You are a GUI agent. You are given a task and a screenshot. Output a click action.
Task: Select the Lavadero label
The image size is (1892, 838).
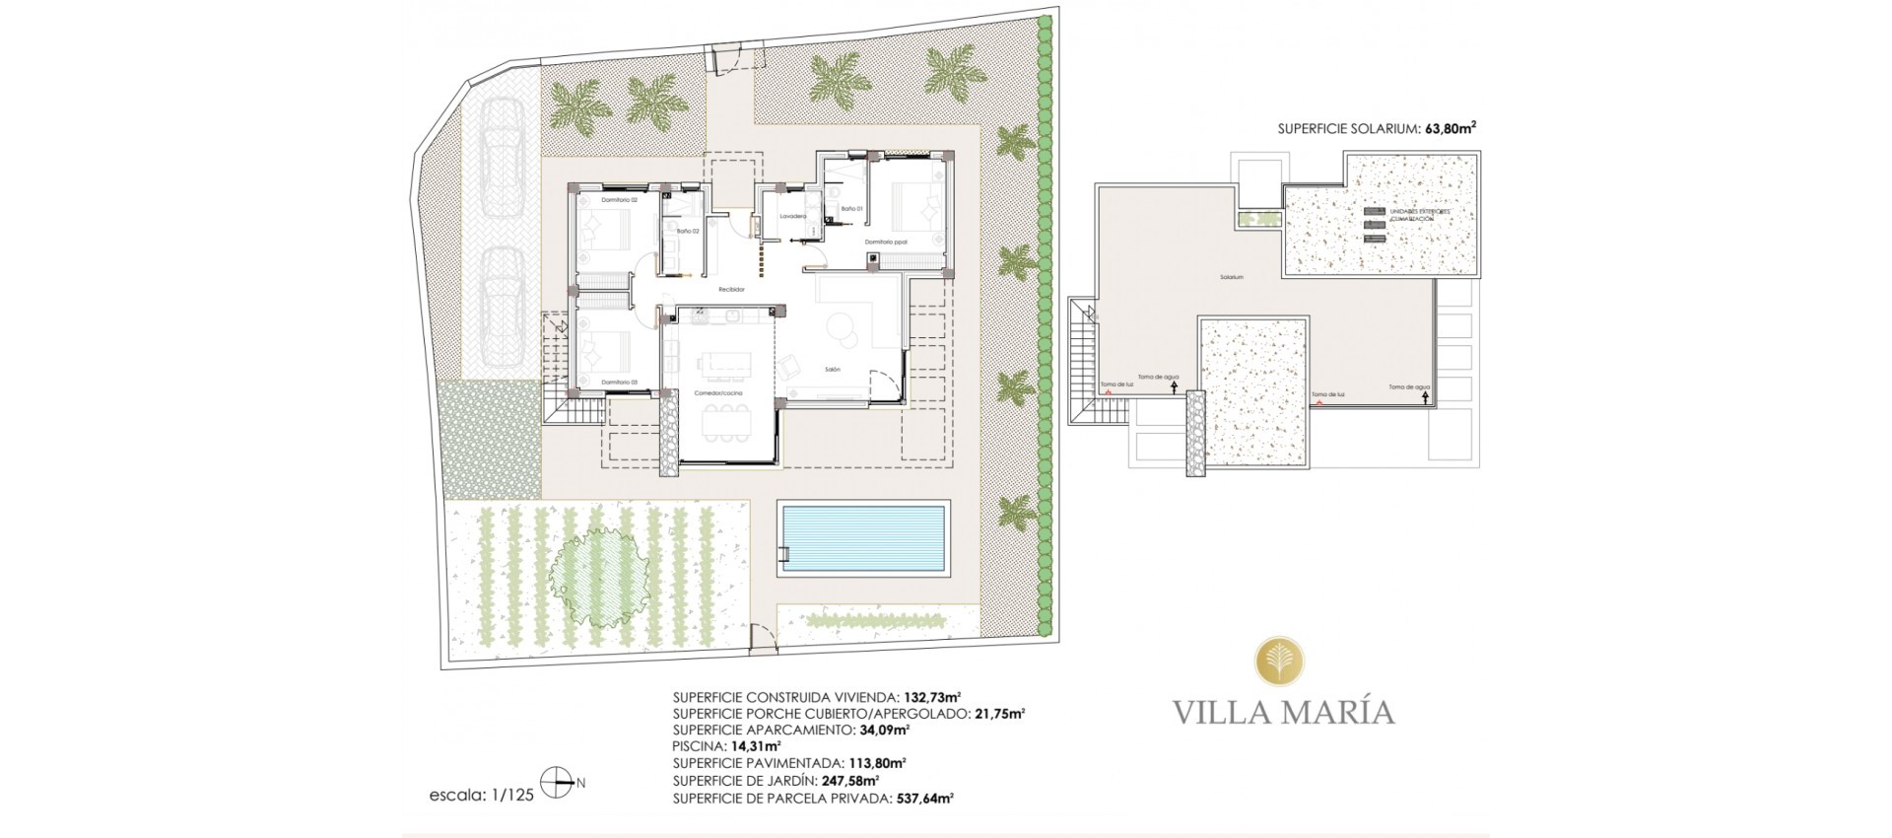click(x=793, y=216)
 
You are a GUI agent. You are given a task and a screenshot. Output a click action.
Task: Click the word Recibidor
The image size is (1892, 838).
click(x=731, y=289)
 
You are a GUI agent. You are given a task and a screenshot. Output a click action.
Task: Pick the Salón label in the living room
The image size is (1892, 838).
click(x=833, y=369)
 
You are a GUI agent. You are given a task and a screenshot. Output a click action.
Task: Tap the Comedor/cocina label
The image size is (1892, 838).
click(x=718, y=393)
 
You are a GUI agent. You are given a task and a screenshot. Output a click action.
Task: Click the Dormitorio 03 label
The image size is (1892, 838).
click(x=621, y=382)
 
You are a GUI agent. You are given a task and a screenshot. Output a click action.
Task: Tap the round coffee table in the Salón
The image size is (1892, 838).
click(x=843, y=326)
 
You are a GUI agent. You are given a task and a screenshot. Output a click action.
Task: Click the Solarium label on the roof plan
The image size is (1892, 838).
click(x=1231, y=278)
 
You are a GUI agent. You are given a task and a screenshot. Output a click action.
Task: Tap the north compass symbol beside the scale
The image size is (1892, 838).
click(x=558, y=785)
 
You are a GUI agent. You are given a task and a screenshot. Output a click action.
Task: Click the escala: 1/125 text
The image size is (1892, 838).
click(x=483, y=795)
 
